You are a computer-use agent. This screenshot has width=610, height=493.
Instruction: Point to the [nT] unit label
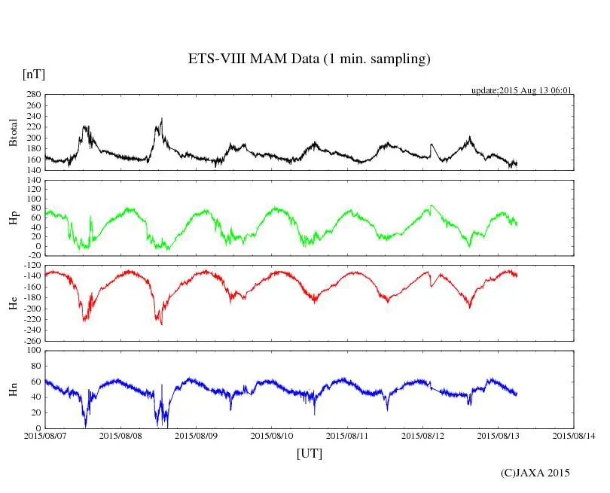pos(33,75)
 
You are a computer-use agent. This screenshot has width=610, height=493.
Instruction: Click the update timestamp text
pos(522,90)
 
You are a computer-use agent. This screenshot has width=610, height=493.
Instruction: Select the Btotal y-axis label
pos(13,132)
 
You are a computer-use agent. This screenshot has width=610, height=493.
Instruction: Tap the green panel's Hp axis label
pos(13,218)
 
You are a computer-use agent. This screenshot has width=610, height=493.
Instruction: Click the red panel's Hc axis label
pos(13,303)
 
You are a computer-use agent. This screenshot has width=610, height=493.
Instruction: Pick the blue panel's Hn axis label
pos(13,389)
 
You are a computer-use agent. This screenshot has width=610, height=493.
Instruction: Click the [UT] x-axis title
pos(309,453)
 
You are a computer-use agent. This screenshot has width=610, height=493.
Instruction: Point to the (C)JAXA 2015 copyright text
pos(535,473)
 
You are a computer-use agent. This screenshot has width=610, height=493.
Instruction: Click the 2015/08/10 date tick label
pos(272,435)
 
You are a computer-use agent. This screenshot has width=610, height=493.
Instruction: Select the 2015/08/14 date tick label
pos(574,435)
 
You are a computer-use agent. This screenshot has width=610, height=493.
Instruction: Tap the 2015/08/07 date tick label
pos(45,435)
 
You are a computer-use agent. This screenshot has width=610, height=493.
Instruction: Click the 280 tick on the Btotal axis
pos(32,95)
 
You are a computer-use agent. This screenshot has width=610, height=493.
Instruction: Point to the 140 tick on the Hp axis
pos(32,181)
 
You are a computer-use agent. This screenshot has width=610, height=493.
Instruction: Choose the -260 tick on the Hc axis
pos(31,341)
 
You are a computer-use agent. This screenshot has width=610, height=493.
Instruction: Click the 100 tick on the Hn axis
pos(32,351)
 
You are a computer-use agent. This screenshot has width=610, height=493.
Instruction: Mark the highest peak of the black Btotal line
pos(162,118)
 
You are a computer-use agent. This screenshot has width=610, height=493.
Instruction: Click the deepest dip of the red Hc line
pos(161,324)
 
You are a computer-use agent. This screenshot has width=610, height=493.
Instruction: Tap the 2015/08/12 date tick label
pos(422,435)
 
